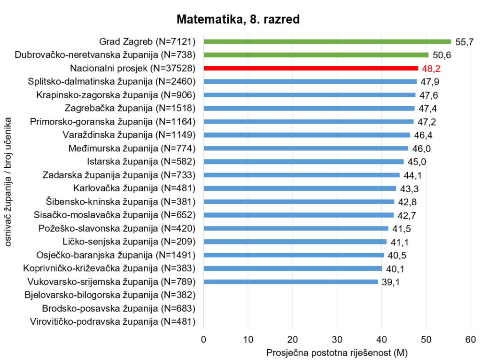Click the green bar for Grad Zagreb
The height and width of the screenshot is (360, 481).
point(327,41)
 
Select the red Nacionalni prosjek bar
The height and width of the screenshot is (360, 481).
point(310,68)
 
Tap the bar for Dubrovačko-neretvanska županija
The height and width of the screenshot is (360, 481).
point(316,55)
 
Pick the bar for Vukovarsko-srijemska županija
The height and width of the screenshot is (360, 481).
point(290,282)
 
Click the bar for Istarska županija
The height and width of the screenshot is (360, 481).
point(303,162)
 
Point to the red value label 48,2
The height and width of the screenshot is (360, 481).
point(431,69)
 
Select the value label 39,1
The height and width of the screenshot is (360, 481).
point(391,282)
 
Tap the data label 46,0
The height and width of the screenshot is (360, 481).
point(421,149)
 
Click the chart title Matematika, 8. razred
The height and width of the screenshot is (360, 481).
point(238,20)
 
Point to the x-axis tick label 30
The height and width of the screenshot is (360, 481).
point(337,340)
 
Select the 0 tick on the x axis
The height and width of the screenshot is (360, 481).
point(203,340)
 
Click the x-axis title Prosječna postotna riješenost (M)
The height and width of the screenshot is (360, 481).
point(336,352)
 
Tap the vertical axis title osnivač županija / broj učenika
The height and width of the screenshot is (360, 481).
point(8,181)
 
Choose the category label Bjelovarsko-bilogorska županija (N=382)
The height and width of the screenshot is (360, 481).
point(109,295)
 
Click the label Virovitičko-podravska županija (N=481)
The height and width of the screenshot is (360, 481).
point(113,322)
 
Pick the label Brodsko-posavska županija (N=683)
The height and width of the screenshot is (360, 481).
point(118,309)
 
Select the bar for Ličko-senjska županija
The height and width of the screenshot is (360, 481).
point(295,242)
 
